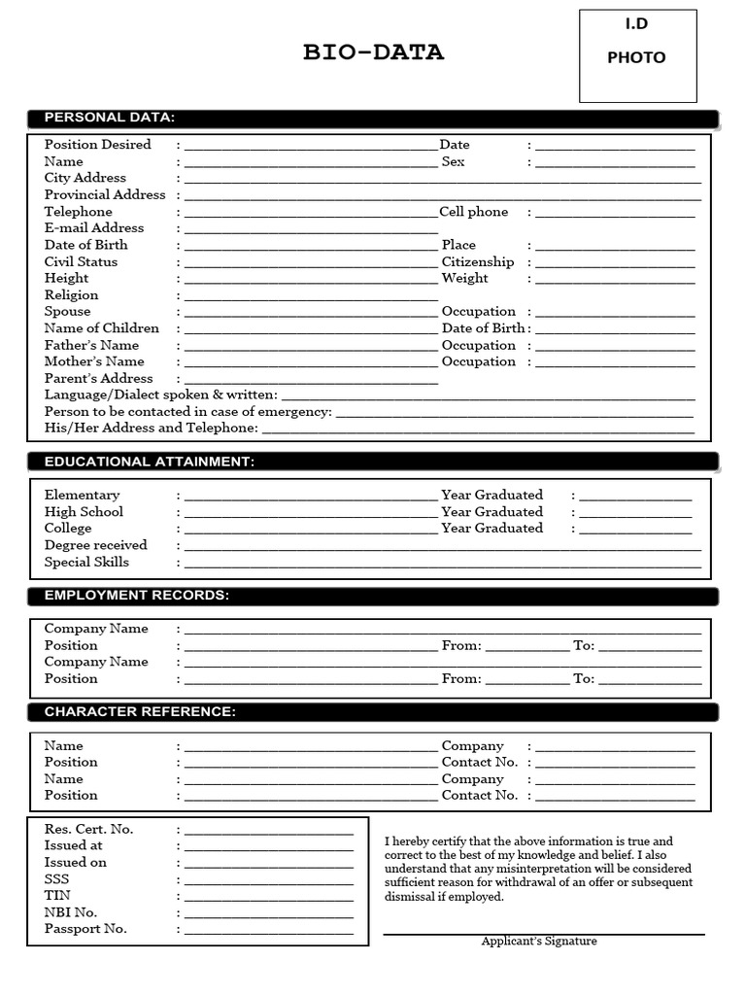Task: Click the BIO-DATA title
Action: tap(373, 53)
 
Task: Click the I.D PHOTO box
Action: tap(637, 55)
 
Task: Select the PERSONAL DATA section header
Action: tap(110, 118)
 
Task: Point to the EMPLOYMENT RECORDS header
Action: tap(137, 596)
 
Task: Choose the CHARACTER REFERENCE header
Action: tap(140, 712)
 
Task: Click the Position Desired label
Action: tap(98, 145)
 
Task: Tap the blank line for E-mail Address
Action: tap(311, 230)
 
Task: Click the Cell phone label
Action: tap(474, 212)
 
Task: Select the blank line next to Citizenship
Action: tap(615, 264)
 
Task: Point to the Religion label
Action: tap(71, 295)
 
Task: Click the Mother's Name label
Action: tap(94, 361)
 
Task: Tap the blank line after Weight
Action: tap(615, 281)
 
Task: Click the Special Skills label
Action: tap(86, 563)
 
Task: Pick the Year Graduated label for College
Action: tap(492, 529)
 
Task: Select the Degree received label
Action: tap(96, 546)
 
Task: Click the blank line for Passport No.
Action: tap(269, 932)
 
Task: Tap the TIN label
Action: tap(57, 896)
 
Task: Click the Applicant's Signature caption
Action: tap(539, 942)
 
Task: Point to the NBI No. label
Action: tap(71, 912)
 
